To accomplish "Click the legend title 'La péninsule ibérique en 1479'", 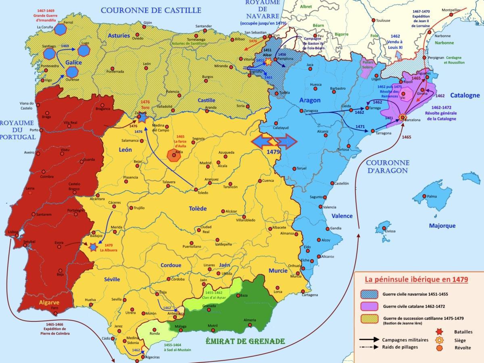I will tap(416, 279).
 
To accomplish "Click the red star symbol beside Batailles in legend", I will tap(439, 332).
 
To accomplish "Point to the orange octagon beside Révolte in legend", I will tap(439, 348).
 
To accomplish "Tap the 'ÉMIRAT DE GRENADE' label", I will tap(245, 341).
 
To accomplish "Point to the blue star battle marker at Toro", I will tap(142, 118).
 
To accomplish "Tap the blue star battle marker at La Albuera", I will tap(94, 247).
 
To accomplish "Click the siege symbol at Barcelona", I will tap(402, 118).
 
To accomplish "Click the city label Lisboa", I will tap(13, 232).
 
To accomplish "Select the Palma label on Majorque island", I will tap(432, 197).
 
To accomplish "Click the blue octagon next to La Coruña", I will tap(60, 29).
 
